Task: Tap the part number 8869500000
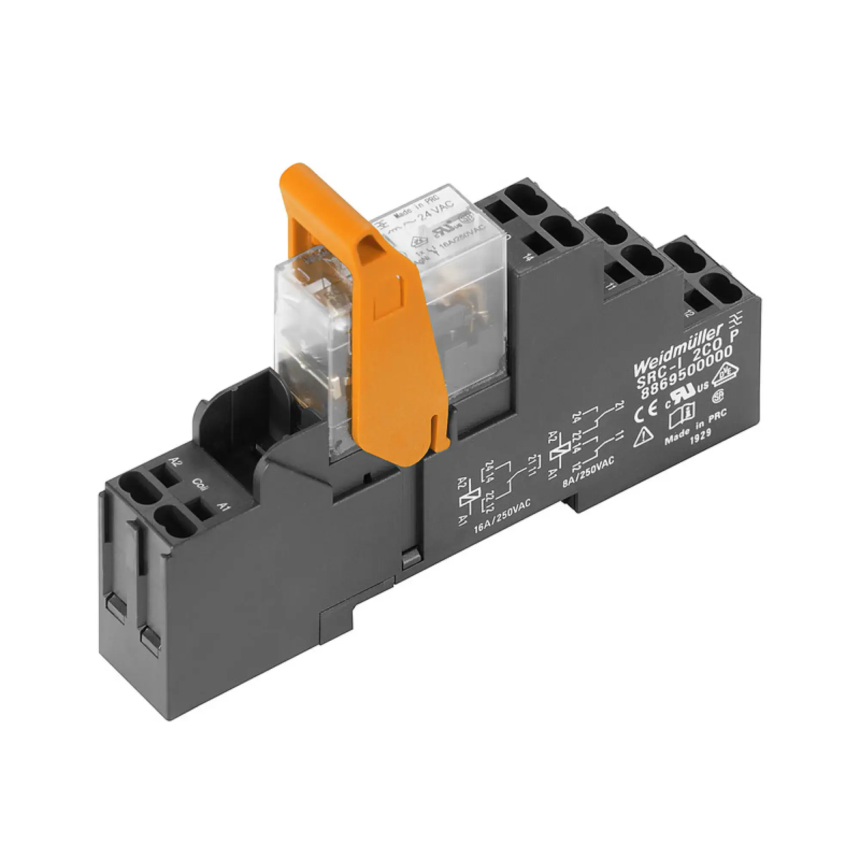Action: [x=686, y=374]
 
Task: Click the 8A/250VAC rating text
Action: [x=589, y=471]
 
